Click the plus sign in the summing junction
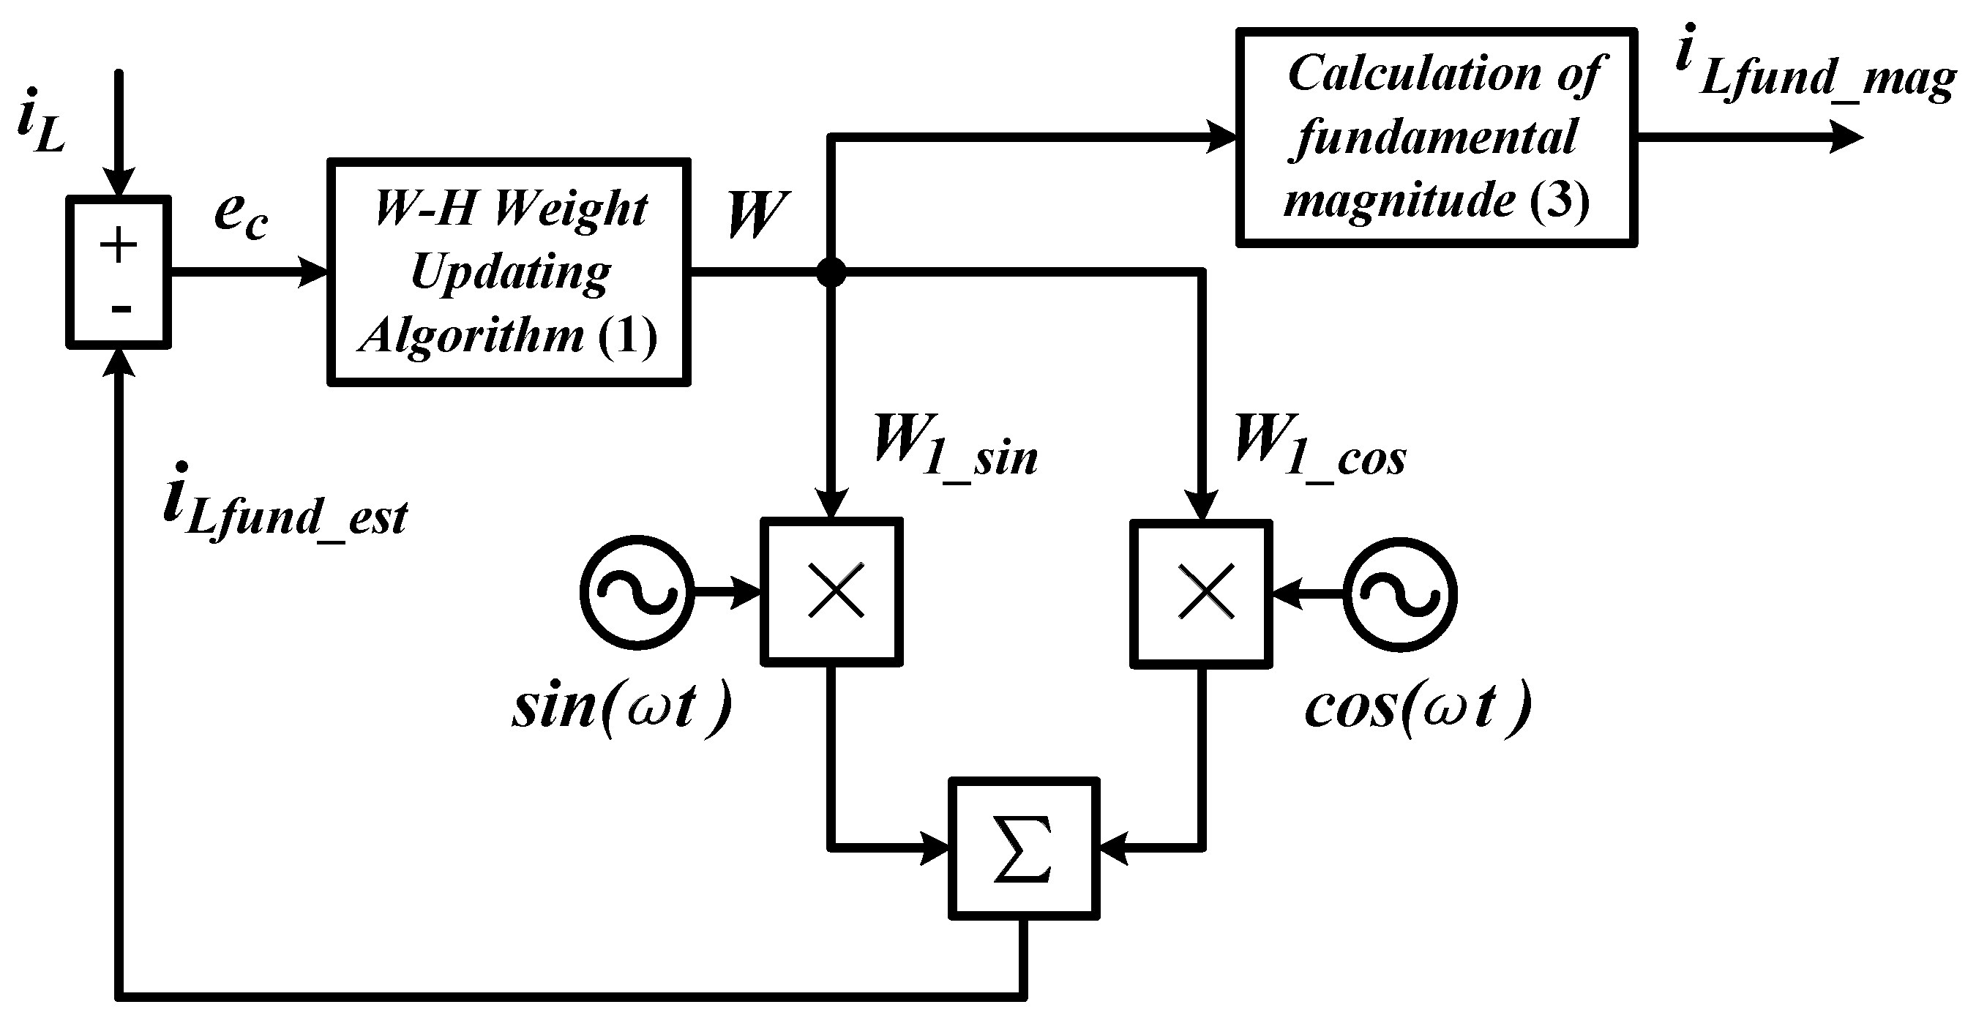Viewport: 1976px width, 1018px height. (118, 247)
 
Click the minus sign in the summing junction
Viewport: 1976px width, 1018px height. (121, 309)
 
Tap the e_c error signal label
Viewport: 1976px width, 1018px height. (240, 216)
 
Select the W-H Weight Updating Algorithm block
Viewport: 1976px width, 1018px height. (509, 272)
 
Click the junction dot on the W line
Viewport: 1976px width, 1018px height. (831, 272)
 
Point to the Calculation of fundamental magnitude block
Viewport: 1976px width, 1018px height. (1436, 138)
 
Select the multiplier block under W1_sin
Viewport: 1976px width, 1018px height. (831, 591)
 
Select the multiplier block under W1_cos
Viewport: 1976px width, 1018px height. (1201, 592)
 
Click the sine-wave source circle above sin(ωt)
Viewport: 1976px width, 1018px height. (637, 592)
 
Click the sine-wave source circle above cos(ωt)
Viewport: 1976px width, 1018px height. (1400, 594)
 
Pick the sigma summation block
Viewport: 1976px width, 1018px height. (1024, 847)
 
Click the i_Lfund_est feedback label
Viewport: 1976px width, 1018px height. (285, 506)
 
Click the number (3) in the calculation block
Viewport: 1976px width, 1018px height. (1559, 201)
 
